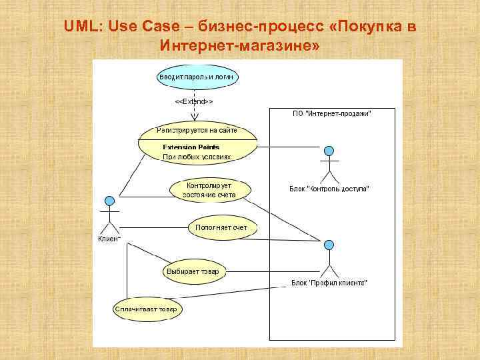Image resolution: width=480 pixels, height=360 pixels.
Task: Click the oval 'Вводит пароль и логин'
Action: (x=197, y=77)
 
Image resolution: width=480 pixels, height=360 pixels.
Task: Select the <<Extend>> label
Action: (x=193, y=101)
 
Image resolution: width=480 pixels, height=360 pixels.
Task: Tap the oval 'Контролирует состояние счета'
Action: (x=211, y=189)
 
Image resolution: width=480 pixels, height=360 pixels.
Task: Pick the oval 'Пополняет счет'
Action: (x=221, y=228)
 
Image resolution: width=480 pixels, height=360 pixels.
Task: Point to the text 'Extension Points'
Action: (x=191, y=147)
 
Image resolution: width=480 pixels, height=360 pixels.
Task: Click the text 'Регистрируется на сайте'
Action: (x=197, y=130)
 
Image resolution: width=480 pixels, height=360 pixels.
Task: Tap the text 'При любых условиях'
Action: (x=197, y=157)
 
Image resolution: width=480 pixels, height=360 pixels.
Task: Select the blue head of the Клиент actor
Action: (x=109, y=201)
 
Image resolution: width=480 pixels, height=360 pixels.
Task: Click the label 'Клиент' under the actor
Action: (x=109, y=239)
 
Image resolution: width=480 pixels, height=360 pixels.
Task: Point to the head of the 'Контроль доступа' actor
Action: (x=329, y=150)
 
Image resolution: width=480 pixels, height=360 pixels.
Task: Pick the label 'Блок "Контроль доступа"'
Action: (x=329, y=189)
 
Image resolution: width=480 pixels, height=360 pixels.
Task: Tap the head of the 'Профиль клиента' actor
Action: (x=329, y=245)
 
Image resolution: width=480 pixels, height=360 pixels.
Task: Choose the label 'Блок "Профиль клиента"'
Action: (x=329, y=283)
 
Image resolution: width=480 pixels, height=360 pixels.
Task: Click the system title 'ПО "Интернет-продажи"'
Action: (x=332, y=114)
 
